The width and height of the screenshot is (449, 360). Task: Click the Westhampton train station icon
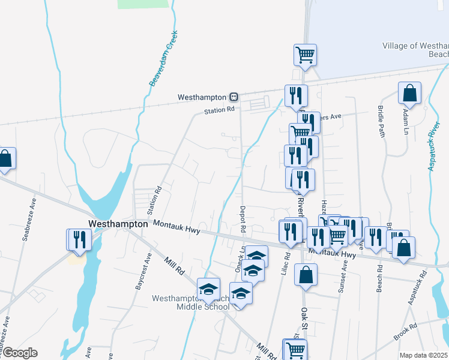tap(234, 97)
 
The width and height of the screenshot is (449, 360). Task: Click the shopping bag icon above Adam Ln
tap(409, 94)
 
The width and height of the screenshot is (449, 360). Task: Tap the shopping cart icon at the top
tap(305, 55)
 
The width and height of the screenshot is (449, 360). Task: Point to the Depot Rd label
tap(243, 220)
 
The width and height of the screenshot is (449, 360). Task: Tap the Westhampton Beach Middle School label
tap(190, 302)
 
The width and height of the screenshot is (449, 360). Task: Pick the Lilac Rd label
tap(286, 263)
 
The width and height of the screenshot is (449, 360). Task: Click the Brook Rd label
tap(405, 332)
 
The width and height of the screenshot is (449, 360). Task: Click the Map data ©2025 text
tap(423, 355)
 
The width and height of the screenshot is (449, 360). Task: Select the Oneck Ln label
tap(238, 260)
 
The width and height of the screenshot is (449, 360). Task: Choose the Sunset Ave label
tap(342, 279)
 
